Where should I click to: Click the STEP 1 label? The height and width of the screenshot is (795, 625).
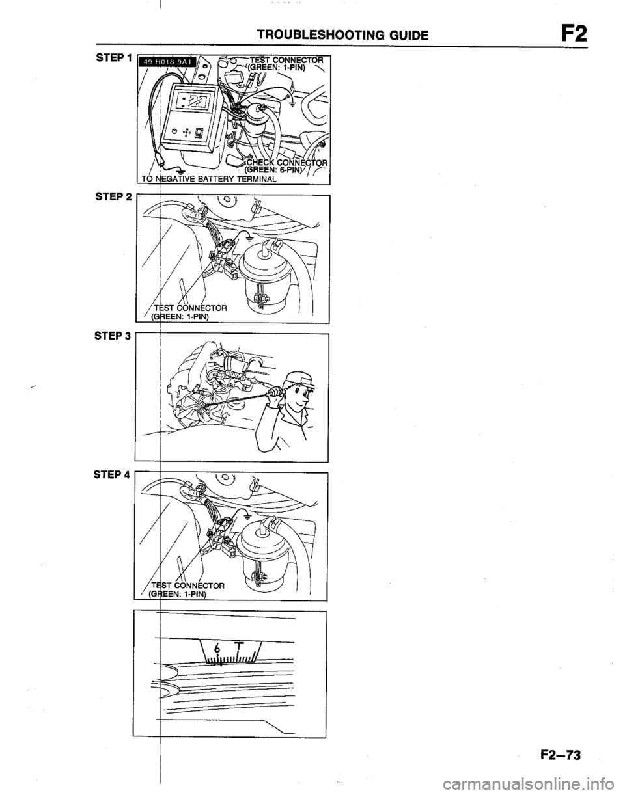coord(113,58)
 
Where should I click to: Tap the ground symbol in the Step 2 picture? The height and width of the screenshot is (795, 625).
coord(250,239)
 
